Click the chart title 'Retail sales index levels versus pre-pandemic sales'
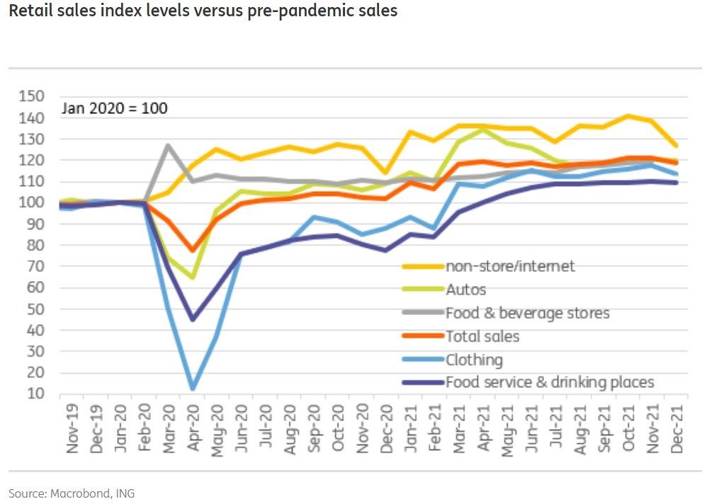[203, 12]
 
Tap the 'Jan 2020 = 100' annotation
[115, 108]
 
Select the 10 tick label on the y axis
[35, 394]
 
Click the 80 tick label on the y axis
[35, 245]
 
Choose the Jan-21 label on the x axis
[410, 432]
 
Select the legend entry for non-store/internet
[510, 266]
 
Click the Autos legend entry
[465, 290]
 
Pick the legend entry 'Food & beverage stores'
[527, 313]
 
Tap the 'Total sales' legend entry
[482, 336]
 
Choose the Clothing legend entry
[474, 360]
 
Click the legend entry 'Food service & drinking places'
[549, 383]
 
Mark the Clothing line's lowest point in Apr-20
[192, 388]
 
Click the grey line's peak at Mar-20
[168, 146]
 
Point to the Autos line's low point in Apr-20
[193, 277]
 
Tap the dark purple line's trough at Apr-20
[192, 319]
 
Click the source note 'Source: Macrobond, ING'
[72, 493]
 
